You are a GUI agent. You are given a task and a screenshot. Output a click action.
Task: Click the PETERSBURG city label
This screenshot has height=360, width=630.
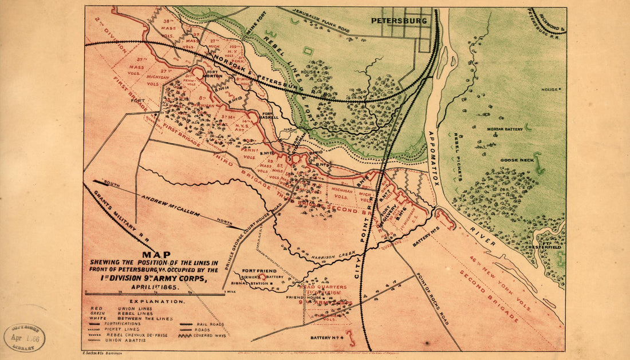[x=399, y=21]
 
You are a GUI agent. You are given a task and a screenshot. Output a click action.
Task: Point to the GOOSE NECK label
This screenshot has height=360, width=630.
[x=513, y=161]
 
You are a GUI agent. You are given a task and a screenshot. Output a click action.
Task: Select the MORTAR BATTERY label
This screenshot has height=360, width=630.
[x=505, y=129]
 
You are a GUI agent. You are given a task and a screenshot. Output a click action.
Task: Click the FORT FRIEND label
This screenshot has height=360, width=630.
[x=259, y=271]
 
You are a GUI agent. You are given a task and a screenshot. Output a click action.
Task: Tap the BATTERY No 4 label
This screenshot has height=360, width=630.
[x=326, y=338]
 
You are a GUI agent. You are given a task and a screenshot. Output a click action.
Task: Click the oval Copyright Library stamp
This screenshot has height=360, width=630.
[x=25, y=338]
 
